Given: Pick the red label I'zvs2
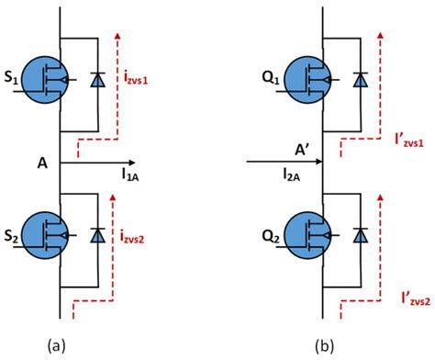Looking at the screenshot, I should point(405,299).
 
